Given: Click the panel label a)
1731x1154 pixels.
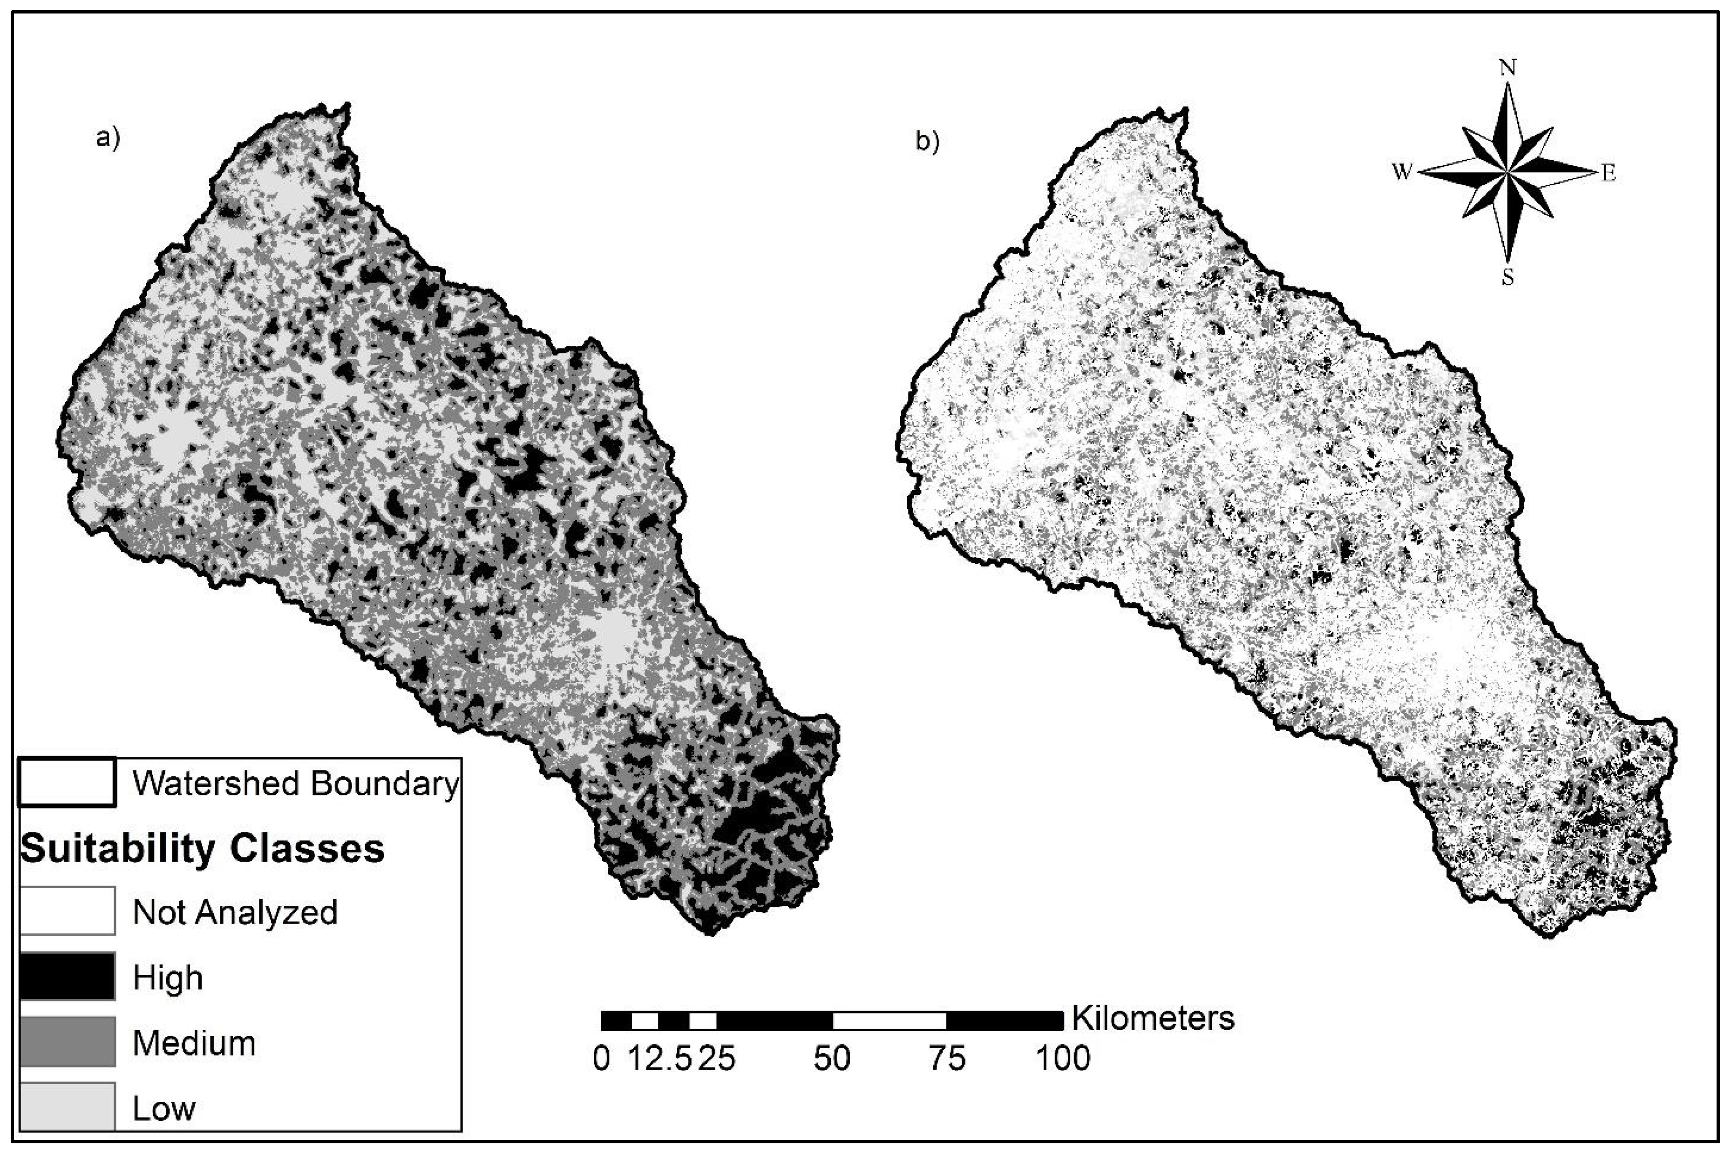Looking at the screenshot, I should [108, 138].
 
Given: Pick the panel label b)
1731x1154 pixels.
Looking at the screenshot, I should [928, 142].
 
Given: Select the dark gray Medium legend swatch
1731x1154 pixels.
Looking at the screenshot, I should [67, 1041].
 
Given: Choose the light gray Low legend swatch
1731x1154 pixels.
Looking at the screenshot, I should [67, 1106].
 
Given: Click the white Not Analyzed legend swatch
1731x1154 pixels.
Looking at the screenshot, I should [67, 911].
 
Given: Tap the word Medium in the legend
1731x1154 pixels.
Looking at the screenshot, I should [194, 1043].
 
